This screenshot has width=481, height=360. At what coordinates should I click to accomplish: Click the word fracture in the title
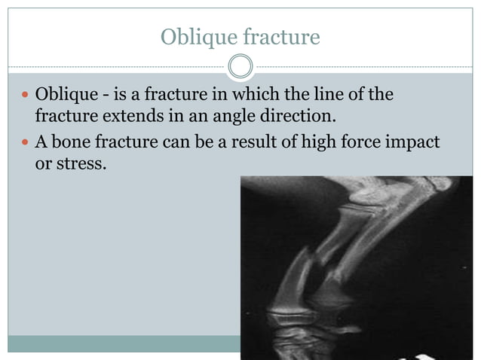[280, 36]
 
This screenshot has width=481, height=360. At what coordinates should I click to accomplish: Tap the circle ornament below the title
[240, 67]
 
